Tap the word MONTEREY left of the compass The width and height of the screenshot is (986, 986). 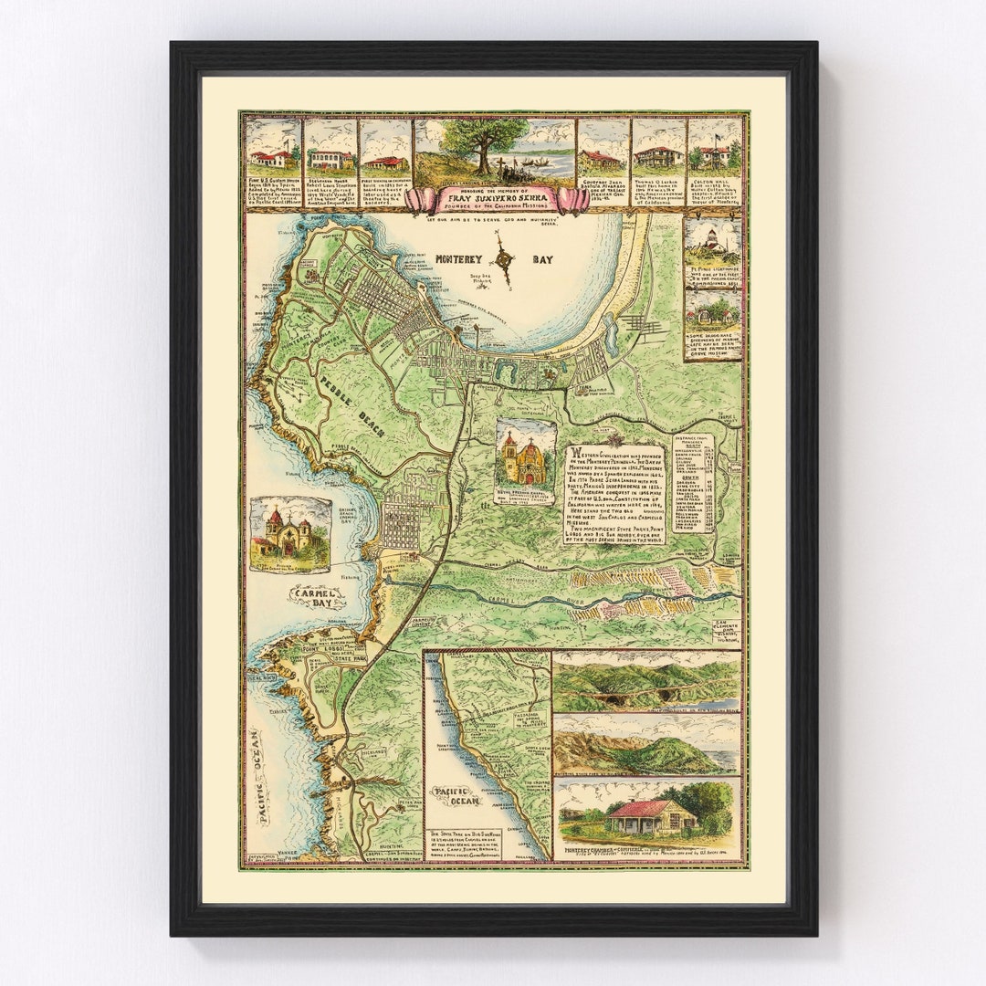[464, 258]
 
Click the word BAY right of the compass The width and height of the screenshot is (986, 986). [542, 259]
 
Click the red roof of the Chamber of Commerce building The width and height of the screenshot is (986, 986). [645, 807]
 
